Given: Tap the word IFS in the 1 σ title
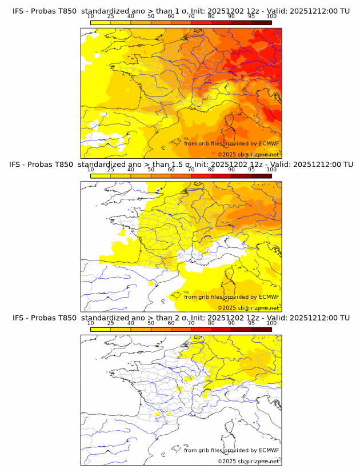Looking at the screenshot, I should pos(19,11).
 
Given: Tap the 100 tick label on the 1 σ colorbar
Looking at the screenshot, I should pos(271,17).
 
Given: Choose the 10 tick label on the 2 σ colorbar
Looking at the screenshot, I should pos(90,323).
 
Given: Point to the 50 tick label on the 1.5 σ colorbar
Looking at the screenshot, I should pos(151,170).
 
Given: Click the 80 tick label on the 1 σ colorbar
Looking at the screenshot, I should pos(211,17).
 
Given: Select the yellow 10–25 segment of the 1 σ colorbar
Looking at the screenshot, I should pos(100,22).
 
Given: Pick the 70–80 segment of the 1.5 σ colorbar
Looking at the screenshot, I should pos(201,175).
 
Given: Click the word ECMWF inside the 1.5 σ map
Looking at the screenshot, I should pos(269,297).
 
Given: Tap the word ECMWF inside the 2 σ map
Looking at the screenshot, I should pos(269,450).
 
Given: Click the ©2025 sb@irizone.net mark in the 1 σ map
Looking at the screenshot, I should pos(248,155).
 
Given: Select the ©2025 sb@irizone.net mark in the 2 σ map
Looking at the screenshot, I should pos(248,461).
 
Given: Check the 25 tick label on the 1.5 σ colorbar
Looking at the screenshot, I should pos(110,170).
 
